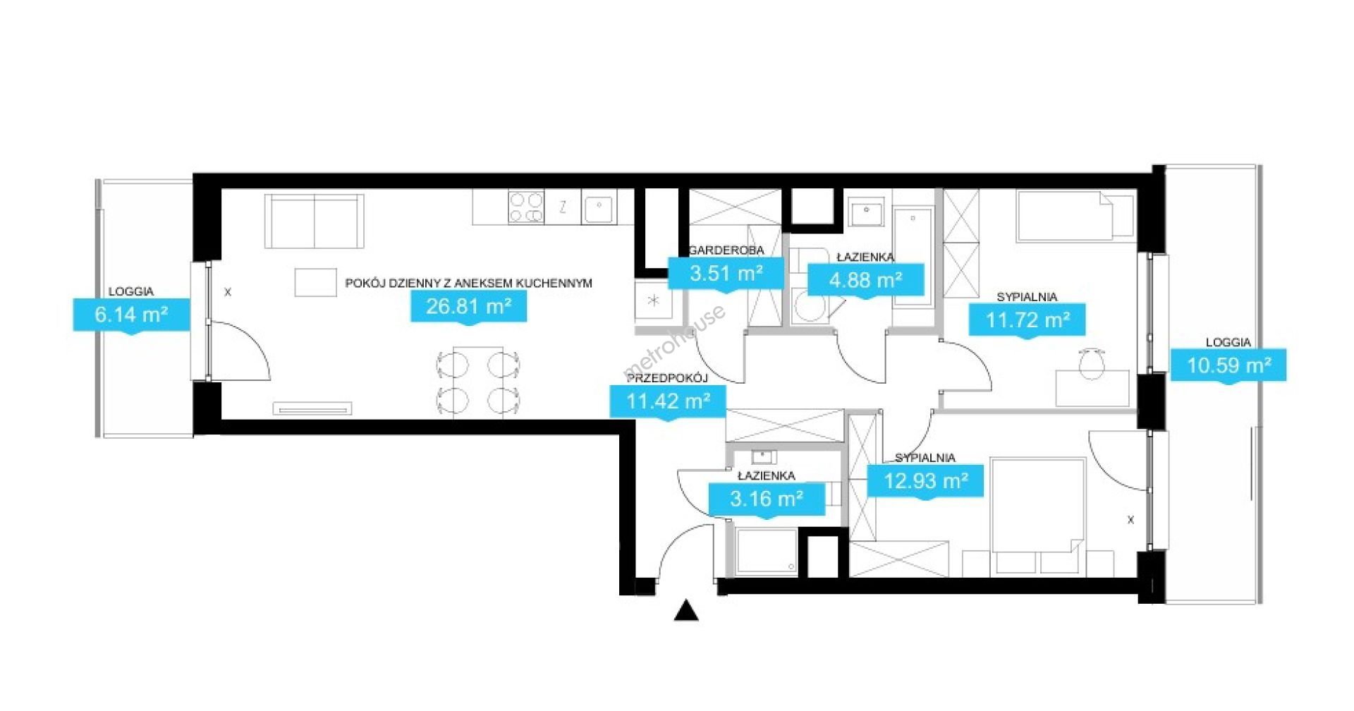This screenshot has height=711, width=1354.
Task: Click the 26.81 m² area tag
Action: click(469, 307)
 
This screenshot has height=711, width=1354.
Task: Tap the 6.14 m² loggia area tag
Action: click(132, 315)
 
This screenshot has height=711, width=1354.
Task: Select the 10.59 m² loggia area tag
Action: click(1228, 365)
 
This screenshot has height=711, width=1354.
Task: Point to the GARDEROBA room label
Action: click(726, 250)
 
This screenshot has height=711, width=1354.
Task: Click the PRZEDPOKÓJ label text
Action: click(667, 378)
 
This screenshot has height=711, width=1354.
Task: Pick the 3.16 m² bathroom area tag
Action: click(767, 499)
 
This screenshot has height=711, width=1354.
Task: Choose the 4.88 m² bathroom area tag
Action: click(865, 281)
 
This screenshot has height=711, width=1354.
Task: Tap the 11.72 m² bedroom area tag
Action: click(1027, 320)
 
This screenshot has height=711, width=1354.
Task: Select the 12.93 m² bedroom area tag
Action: click(925, 481)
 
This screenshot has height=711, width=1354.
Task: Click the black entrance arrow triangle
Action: click(686, 611)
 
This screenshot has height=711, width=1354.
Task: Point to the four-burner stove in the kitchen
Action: click(526, 207)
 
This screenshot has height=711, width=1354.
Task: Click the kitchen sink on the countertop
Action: click(599, 207)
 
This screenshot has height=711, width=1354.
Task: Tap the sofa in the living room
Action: click(315, 221)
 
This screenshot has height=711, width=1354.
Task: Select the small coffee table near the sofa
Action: click(315, 282)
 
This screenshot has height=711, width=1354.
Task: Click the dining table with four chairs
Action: click(479, 382)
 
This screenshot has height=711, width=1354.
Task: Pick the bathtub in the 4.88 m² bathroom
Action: click(913, 256)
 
